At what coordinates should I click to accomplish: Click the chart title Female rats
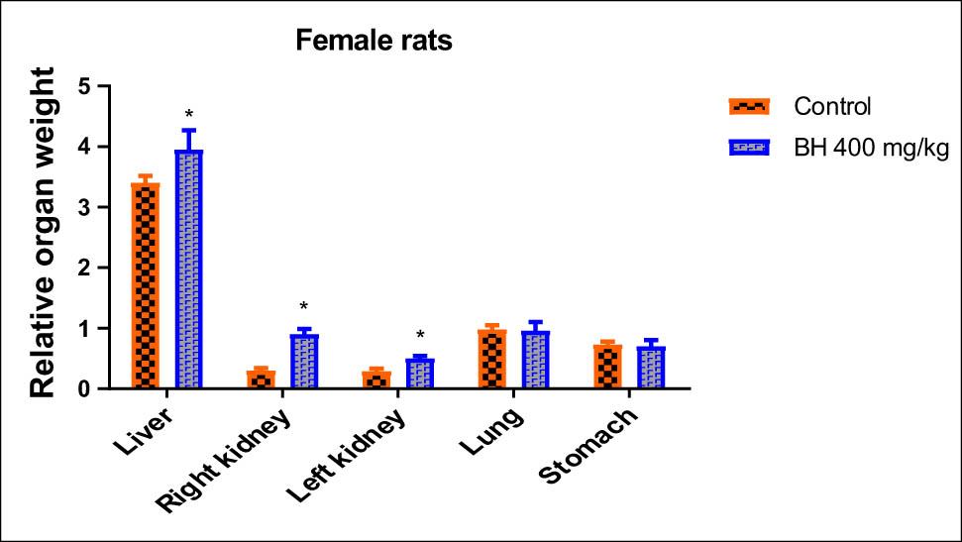click(x=373, y=43)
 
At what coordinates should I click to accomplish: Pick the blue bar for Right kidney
click(x=304, y=362)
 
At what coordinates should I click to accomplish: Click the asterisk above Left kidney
click(x=420, y=335)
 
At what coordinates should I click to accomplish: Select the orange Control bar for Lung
click(x=492, y=359)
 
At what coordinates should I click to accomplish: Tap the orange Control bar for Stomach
click(x=608, y=367)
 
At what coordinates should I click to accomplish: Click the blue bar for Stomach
click(x=652, y=368)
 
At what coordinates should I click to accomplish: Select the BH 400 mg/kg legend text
click(x=859, y=148)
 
